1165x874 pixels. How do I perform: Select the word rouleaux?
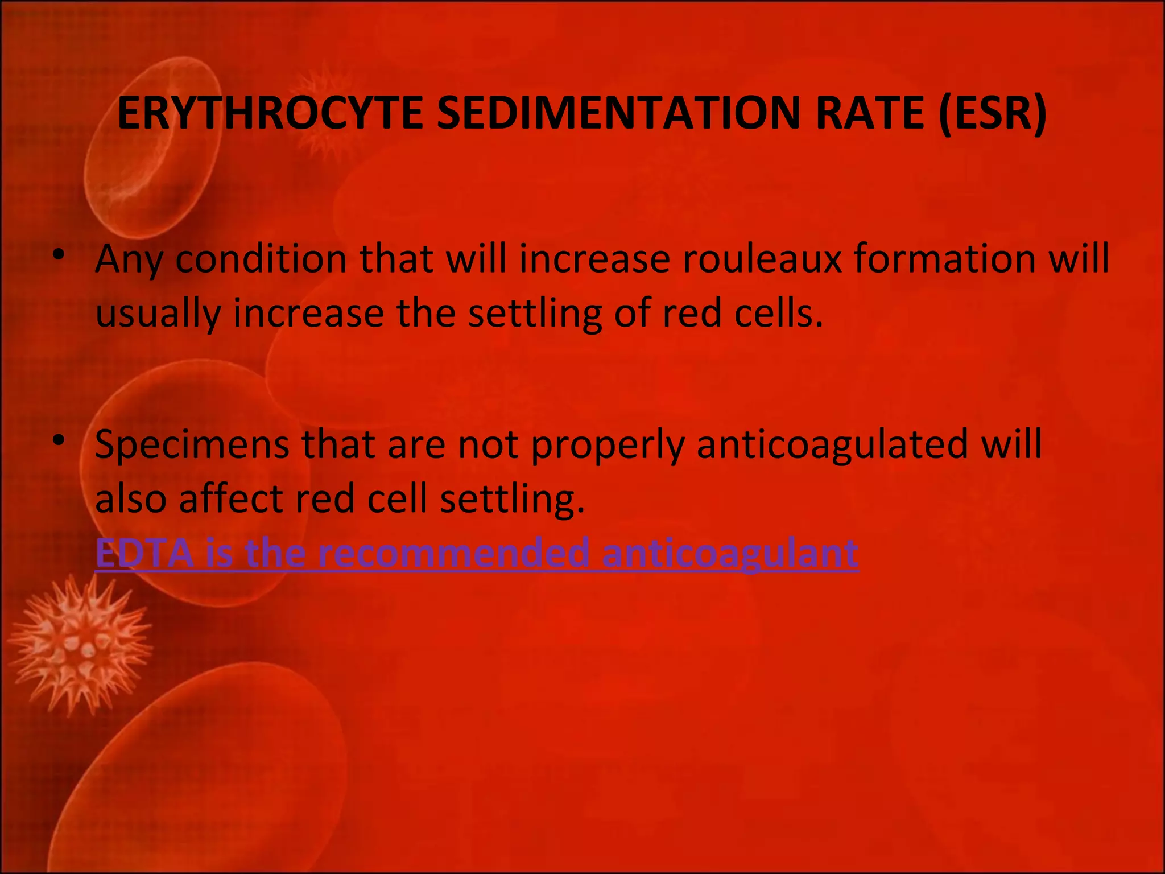coord(762,259)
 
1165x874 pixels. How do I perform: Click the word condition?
coord(261,259)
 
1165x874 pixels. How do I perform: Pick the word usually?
coord(158,314)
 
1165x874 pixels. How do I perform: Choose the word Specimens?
coord(192,444)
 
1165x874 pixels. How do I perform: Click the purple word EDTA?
coord(144,553)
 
